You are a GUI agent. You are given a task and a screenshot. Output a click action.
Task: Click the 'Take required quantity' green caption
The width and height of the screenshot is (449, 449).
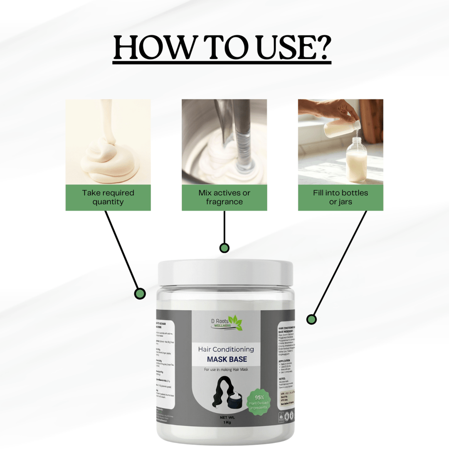pyautogui.click(x=108, y=197)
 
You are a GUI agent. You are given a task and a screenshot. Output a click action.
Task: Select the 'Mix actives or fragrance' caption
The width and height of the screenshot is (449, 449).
pyautogui.click(x=224, y=197)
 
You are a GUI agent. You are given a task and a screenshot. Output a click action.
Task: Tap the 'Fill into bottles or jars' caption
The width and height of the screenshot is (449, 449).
pyautogui.click(x=340, y=197)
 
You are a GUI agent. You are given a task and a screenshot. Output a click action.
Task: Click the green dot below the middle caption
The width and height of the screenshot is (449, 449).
pyautogui.click(x=224, y=248)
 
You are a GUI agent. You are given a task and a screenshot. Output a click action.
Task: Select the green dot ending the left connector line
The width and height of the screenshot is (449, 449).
pyautogui.click(x=140, y=294)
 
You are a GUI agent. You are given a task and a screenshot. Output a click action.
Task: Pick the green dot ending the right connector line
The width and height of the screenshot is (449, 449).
pyautogui.click(x=311, y=319)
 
